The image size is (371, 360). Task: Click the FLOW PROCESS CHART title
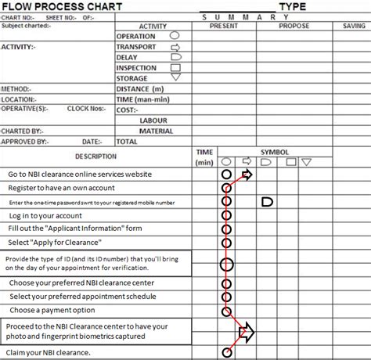pyautogui.click(x=62, y=7)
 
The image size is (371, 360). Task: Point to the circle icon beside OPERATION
pyautogui.click(x=175, y=36)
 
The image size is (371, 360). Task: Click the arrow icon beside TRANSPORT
pyautogui.click(x=175, y=47)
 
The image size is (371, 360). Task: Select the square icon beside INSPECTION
pyautogui.click(x=175, y=68)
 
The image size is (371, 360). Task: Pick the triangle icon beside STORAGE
pyautogui.click(x=175, y=78)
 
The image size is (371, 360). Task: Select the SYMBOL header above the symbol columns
pyautogui.click(x=274, y=152)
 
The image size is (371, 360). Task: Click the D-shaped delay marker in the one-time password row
pyautogui.click(x=267, y=202)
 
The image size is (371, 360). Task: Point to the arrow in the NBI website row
pyautogui.click(x=247, y=174)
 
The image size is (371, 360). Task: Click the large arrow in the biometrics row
pyautogui.click(x=247, y=332)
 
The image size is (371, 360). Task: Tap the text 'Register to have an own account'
pyautogui.click(x=61, y=188)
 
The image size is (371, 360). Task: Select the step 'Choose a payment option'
pyautogui.click(x=54, y=311)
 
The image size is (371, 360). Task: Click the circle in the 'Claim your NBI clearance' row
pyautogui.click(x=227, y=353)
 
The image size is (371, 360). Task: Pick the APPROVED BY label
pyautogui.click(x=25, y=142)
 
